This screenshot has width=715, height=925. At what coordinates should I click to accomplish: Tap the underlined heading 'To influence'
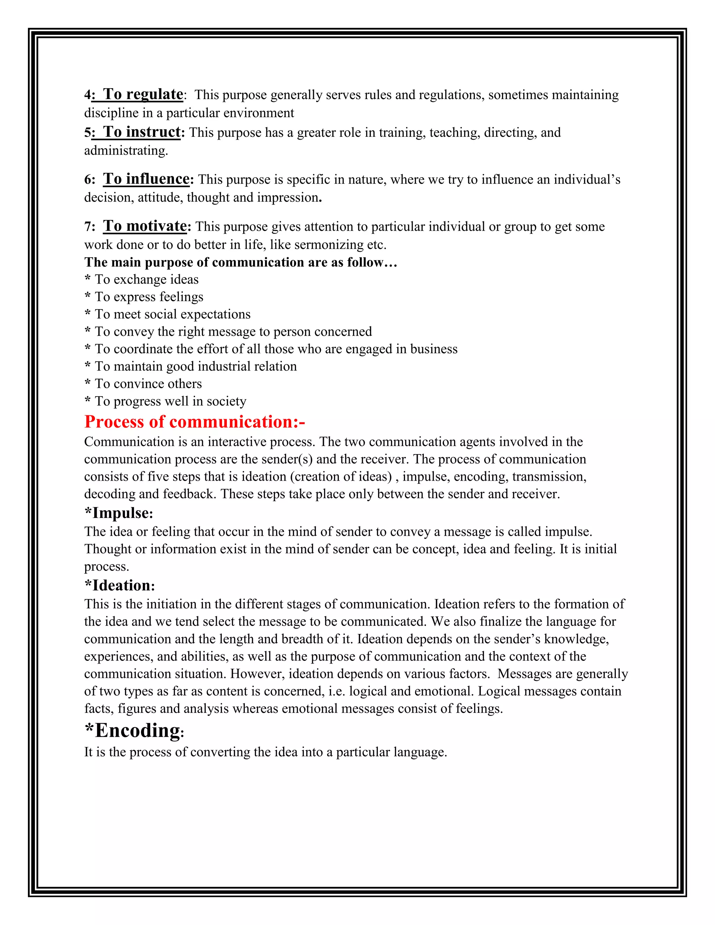[146, 179]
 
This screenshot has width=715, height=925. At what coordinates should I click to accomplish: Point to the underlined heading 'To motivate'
[145, 226]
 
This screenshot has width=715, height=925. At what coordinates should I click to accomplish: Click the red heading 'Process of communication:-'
[194, 422]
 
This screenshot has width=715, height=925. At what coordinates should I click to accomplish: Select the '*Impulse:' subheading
[119, 513]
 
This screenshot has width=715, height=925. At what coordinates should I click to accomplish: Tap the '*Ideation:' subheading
[119, 585]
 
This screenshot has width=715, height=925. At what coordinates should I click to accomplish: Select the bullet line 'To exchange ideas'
[146, 280]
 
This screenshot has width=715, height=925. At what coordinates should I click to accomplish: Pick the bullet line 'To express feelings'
[149, 297]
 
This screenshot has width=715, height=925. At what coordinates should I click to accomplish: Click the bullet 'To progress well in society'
[170, 401]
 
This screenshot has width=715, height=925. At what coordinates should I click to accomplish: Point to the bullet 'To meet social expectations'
[172, 314]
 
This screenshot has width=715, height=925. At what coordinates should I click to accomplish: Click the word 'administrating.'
[126, 151]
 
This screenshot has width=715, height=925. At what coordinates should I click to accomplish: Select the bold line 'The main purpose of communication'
[241, 262]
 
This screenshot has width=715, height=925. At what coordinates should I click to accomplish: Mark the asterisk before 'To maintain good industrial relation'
[88, 365]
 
